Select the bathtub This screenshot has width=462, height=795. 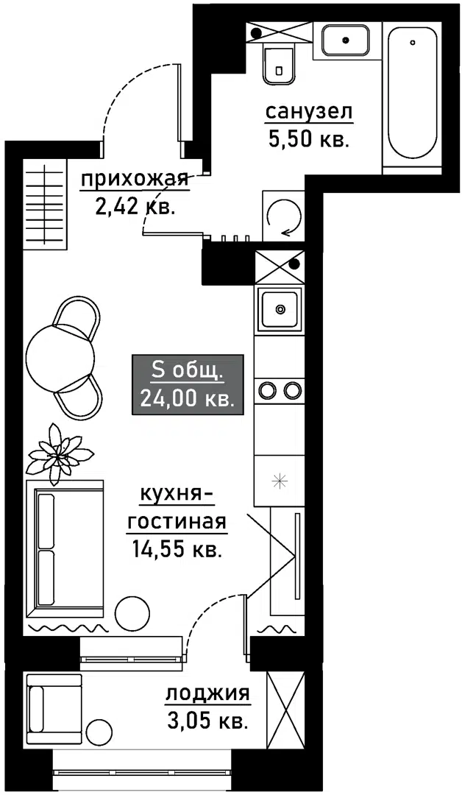(x=412, y=92)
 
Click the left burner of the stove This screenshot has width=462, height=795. (x=267, y=389)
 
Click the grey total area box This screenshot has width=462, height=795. (x=187, y=384)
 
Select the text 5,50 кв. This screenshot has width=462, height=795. (x=308, y=139)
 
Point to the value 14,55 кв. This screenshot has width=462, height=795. (x=176, y=548)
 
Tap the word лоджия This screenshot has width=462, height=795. (x=207, y=694)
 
